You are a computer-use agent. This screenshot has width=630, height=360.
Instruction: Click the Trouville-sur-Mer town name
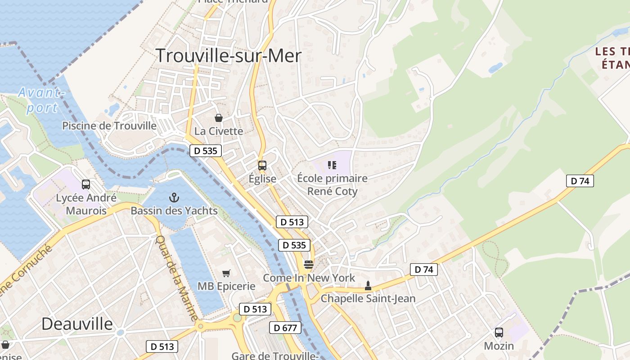click(229, 56)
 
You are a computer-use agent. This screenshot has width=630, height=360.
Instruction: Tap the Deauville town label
click(77, 324)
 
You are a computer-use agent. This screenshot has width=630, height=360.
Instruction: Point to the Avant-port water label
click(40, 100)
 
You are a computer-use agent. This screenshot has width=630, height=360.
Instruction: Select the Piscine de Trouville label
click(109, 126)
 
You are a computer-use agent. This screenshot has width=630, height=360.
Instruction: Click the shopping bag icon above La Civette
click(219, 118)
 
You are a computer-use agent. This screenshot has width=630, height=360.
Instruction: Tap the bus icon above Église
click(262, 165)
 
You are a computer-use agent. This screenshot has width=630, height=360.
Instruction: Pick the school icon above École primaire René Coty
click(332, 165)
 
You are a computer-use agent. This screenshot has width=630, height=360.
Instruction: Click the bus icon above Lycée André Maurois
click(86, 184)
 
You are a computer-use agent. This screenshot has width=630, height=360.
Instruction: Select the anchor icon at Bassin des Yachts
click(174, 197)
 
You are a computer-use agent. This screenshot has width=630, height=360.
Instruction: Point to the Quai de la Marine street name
click(176, 278)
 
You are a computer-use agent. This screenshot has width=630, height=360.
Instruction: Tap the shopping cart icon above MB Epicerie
click(226, 273)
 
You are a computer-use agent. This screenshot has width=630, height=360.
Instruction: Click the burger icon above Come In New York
click(308, 265)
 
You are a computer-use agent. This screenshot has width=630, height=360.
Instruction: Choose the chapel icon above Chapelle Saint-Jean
click(368, 285)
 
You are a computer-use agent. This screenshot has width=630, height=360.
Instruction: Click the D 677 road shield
click(285, 328)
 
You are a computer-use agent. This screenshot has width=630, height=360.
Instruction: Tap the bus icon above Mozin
click(499, 333)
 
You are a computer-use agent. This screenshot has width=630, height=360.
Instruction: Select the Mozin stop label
click(499, 346)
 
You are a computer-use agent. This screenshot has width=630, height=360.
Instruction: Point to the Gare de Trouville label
click(275, 355)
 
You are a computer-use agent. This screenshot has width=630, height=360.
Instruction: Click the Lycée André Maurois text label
click(86, 204)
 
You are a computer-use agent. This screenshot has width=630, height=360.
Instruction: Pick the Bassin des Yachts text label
click(174, 211)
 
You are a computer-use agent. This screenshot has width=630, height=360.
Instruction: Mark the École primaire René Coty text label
click(332, 184)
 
